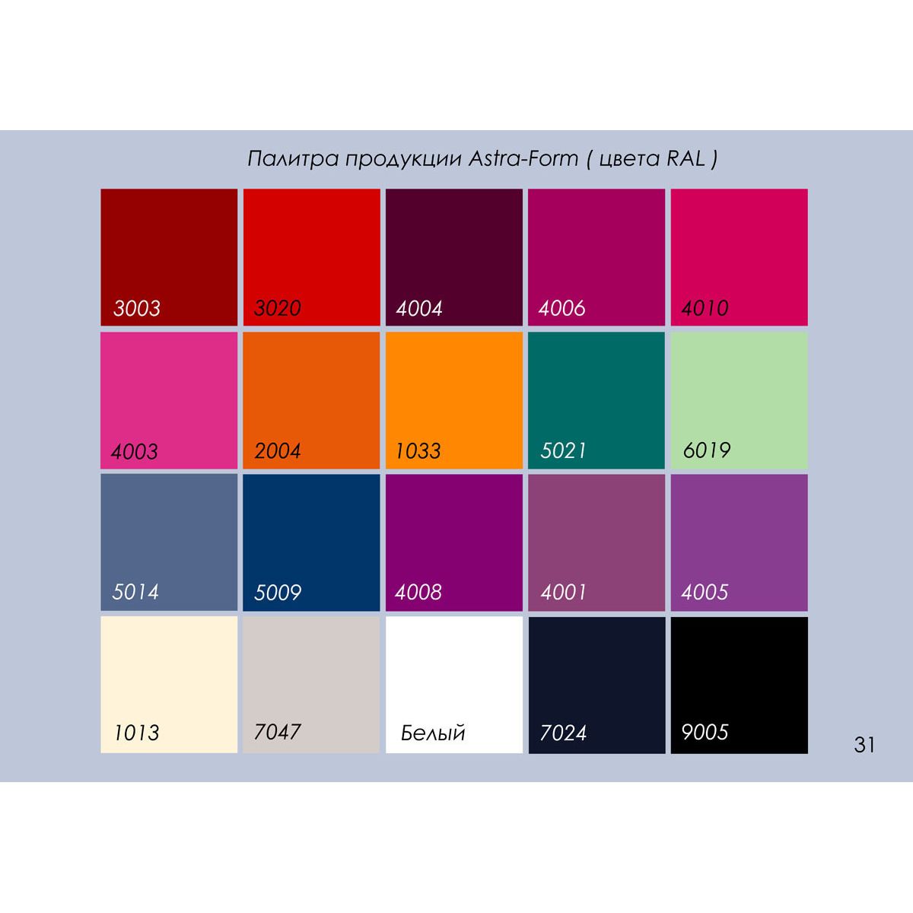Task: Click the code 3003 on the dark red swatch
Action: (137, 308)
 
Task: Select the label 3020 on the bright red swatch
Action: (278, 308)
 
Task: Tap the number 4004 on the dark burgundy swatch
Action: (419, 308)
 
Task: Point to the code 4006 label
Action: (562, 308)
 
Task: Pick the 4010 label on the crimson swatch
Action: (705, 308)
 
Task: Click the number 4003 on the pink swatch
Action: (135, 451)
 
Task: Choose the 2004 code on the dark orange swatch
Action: (278, 451)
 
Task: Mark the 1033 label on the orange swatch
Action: (418, 451)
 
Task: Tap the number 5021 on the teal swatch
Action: (564, 450)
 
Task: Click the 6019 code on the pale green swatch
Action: (707, 450)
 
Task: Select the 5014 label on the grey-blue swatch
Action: (135, 592)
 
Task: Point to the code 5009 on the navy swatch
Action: (278, 592)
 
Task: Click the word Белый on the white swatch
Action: (433, 733)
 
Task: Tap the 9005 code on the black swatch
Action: (705, 733)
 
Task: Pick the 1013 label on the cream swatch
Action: (137, 733)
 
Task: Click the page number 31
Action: (864, 744)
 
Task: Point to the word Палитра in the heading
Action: (291, 158)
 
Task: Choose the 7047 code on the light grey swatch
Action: (278, 732)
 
